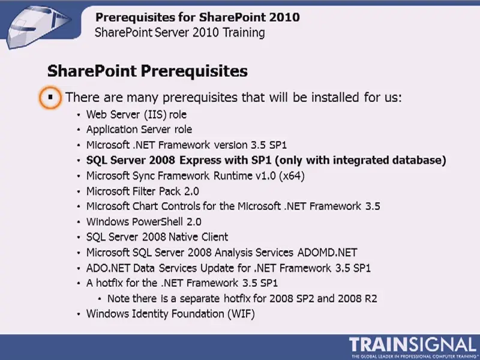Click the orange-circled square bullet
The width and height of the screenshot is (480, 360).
pos(50,97)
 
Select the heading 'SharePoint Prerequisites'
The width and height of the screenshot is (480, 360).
pos(148,71)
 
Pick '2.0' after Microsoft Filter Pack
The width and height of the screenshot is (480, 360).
pos(191,191)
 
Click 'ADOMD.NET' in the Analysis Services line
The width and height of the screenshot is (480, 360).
pos(327,253)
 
